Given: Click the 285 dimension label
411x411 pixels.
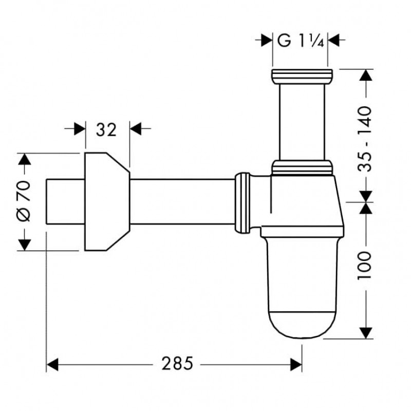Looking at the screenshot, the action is pos(177,364).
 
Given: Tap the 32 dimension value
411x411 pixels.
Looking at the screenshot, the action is pos(106,130).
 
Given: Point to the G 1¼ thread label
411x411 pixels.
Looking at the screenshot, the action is pos(301,41).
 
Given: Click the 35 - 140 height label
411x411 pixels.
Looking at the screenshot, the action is pos(365,139).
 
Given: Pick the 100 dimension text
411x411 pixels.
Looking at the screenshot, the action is pos(365,265).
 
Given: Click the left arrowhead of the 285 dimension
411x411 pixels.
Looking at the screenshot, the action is pos(52,365).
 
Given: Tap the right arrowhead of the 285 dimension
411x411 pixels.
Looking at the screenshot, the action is pos(296,365).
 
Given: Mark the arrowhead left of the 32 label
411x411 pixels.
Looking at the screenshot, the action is pos(80,128).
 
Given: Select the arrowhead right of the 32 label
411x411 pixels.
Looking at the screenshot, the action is pos(136,128).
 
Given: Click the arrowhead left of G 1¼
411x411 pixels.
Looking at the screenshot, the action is pos(267,41).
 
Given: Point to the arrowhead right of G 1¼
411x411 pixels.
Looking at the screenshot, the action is pos(333,41).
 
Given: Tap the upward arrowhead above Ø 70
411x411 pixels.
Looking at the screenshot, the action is pos(24,159).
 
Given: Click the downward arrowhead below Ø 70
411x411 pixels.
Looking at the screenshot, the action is pos(24,245).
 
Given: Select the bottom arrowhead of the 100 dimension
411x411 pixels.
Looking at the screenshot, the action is pos(366,333).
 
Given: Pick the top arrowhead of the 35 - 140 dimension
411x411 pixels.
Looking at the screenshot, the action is pos(366,75).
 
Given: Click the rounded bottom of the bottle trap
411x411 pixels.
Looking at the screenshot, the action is pos(302,325).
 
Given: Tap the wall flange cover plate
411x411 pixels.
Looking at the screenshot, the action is pos(107,201).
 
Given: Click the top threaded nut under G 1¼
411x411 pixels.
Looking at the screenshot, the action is pos(302,77).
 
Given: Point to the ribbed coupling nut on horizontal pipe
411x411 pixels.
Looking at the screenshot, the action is pos(242,202).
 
